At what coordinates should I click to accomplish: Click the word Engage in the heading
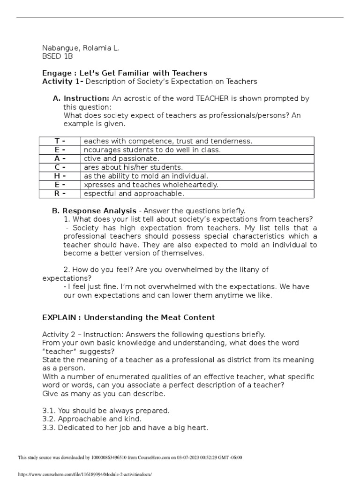[x=55, y=73]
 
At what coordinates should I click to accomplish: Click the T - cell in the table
[x=59, y=141]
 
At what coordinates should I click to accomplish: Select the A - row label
[x=59, y=158]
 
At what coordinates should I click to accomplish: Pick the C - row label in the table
[x=59, y=167]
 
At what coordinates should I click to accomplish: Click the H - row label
[x=59, y=176]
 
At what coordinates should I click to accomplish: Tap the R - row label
[x=59, y=194]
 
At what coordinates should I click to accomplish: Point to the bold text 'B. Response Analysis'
[x=94, y=211]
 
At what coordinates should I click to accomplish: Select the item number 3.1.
[x=48, y=411]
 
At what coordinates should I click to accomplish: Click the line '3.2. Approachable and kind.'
[x=91, y=419]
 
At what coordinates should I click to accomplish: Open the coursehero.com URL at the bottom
[x=84, y=474]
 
